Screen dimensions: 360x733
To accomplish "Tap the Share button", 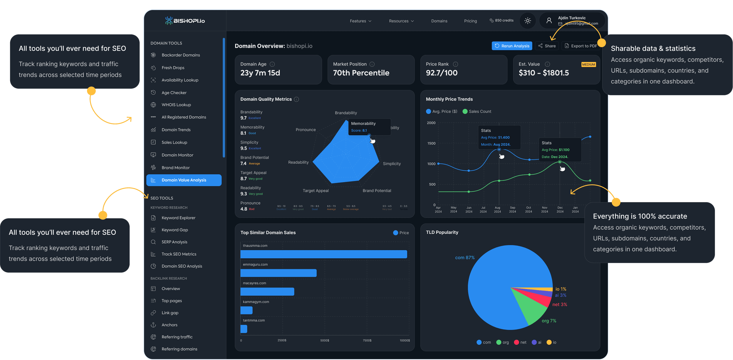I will tap(547, 46).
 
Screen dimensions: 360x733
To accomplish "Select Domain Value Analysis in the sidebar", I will tap(184, 180).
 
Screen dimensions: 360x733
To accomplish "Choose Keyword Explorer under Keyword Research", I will tap(178, 218).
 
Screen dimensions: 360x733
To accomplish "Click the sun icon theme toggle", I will tap(528, 21).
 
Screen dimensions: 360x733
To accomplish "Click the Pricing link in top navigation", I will tap(470, 21).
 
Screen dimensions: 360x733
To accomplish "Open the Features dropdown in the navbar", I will tap(360, 21).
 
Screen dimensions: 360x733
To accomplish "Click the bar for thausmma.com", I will tap(324, 254).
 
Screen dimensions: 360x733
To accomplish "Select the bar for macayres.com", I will tap(267, 292).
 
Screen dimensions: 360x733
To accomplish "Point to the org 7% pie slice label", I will tap(549, 321).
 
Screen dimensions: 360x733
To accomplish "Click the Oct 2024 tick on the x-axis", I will tap(528, 210).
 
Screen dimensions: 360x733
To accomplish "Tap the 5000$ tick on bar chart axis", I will tap(324, 340).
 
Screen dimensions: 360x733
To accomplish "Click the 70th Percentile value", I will tap(361, 73).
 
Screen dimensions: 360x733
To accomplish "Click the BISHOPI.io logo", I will tap(185, 21).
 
